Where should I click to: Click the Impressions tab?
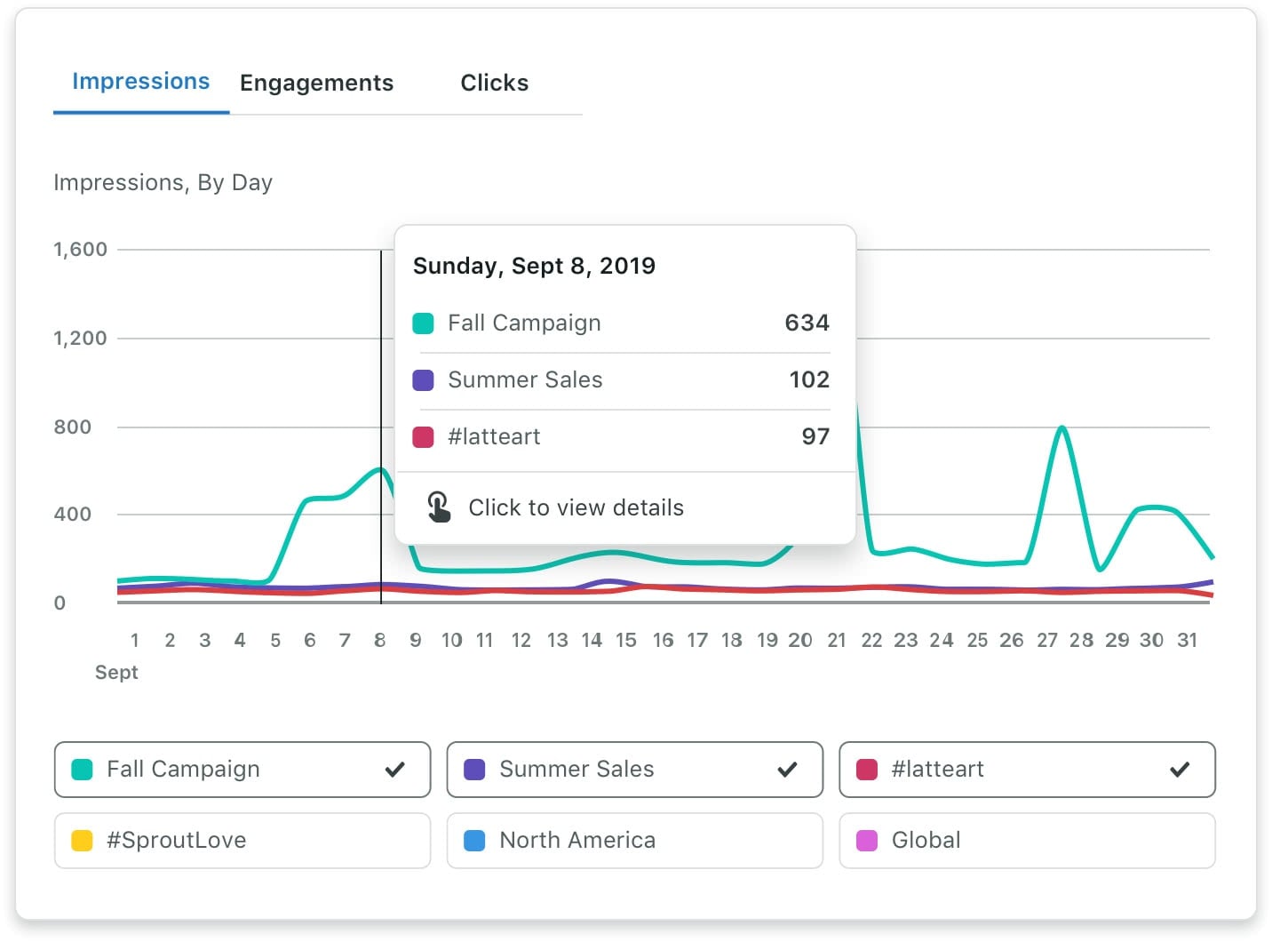[140, 82]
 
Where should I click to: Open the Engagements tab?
[316, 84]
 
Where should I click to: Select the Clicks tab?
[494, 84]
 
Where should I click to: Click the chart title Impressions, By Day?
[163, 182]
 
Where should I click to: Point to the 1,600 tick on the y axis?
[80, 250]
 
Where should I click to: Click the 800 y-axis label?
[72, 427]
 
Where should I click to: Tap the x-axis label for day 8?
[380, 640]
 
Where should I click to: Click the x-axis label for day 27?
[1047, 640]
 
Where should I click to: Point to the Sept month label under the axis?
[116, 672]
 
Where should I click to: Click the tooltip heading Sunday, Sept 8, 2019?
[534, 266]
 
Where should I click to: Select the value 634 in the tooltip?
[807, 323]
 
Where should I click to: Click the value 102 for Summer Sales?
[809, 379]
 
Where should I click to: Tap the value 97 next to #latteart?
[815, 436]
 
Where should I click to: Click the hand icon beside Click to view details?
[439, 507]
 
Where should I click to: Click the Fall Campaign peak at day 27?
[1061, 428]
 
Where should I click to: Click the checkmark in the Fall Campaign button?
[395, 770]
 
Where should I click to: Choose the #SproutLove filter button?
[242, 841]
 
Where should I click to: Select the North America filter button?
[634, 841]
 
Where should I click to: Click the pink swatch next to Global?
[867, 841]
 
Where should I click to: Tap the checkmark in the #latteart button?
[1180, 770]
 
